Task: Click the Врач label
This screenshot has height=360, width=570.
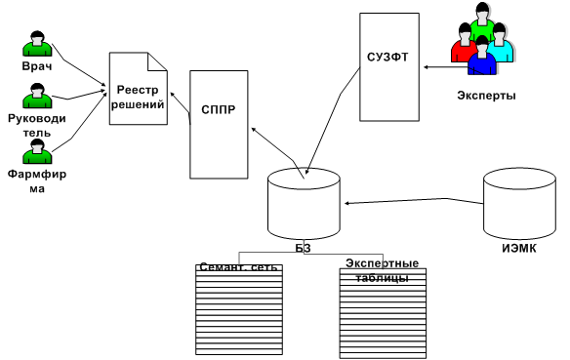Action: [x=37, y=66]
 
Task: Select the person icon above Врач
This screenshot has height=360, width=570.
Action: [x=37, y=44]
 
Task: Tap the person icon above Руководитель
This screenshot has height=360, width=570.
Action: [x=37, y=96]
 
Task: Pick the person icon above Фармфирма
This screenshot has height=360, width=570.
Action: [x=37, y=151]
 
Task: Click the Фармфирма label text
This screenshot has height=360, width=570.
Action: [x=37, y=181]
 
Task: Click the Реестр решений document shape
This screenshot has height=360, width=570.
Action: [x=139, y=89]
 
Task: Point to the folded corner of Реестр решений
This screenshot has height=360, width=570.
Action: [x=157, y=61]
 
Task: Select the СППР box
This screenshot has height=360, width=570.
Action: [x=219, y=124]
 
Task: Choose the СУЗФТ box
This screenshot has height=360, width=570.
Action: [x=389, y=67]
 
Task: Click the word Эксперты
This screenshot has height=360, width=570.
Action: [x=486, y=96]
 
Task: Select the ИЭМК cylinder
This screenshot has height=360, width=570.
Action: [x=519, y=204]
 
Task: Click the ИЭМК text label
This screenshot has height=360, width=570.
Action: [x=519, y=249]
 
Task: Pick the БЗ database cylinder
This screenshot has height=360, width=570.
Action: [x=304, y=204]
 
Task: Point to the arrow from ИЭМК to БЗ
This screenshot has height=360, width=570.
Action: [x=414, y=201]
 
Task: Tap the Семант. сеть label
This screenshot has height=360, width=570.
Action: [x=238, y=267]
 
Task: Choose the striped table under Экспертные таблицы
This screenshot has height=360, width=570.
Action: [x=383, y=313]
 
